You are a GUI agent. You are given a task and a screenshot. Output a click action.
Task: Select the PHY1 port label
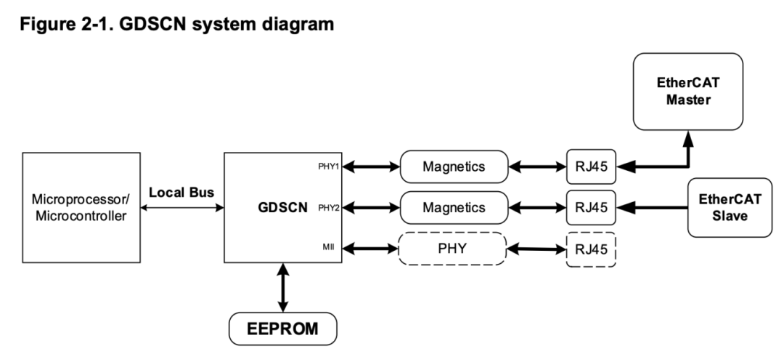pos(328,167)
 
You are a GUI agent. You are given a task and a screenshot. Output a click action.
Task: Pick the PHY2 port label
pos(328,208)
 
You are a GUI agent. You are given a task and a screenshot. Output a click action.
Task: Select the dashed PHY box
pos(452,249)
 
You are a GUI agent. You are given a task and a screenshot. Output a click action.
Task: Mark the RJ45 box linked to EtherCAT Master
pos(591,167)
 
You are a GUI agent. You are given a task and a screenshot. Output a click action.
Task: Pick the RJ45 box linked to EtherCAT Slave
pos(591,208)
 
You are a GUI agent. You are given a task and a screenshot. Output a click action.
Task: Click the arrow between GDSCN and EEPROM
pos(282,290)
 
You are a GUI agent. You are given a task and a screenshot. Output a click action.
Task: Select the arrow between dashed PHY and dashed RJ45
pos(535,249)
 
